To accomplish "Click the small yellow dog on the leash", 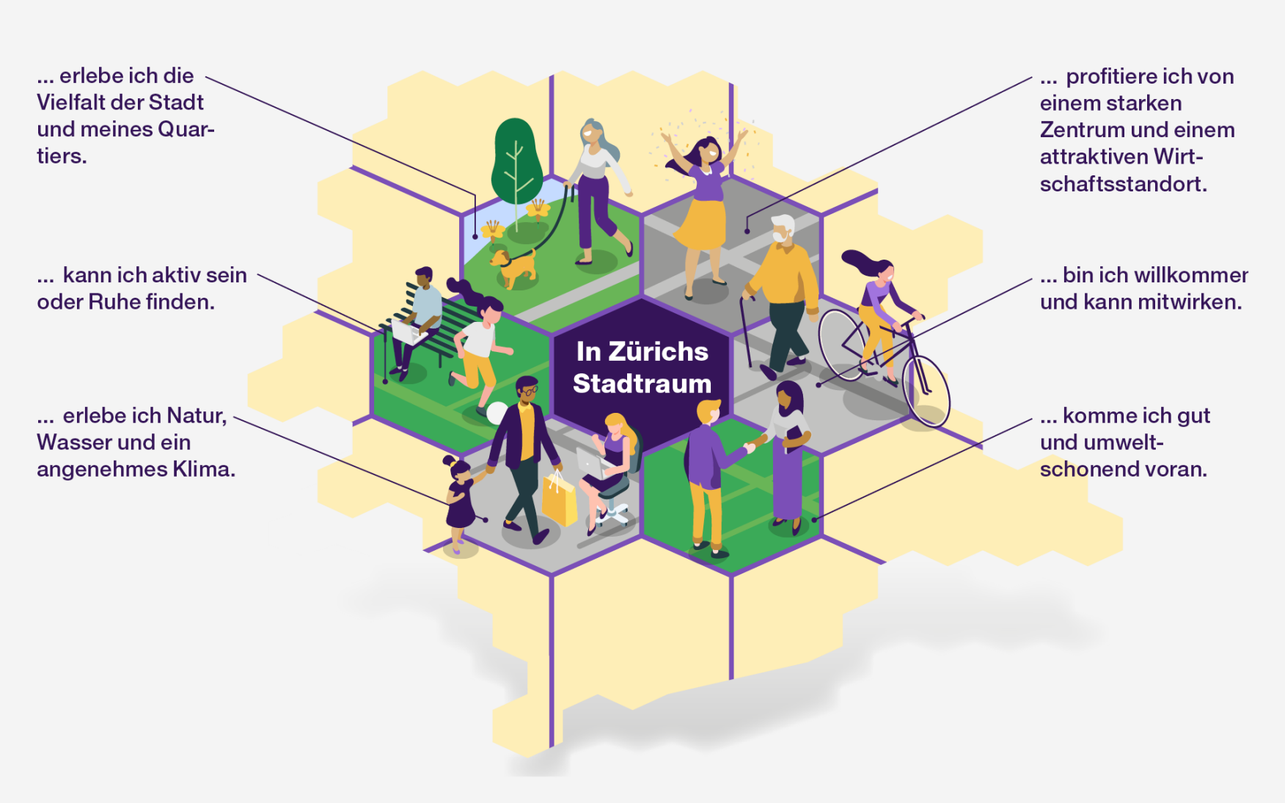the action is tap(513, 268).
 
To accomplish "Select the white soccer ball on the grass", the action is tap(497, 413).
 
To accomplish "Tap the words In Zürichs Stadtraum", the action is tap(642, 367).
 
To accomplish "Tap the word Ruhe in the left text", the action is tap(114, 301).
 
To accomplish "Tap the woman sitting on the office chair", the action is tap(610, 469).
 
